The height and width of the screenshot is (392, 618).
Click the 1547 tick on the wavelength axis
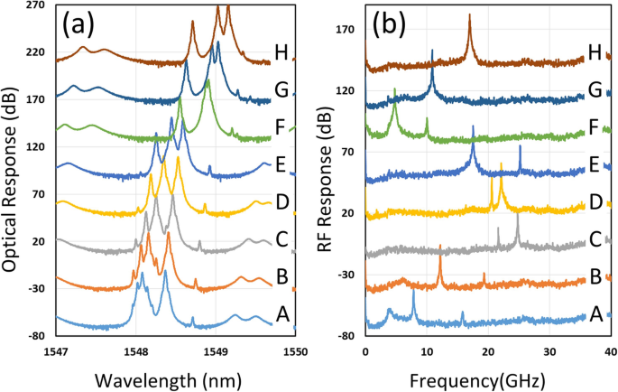coord(56,352)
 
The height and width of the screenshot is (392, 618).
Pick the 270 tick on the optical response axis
coord(36,5)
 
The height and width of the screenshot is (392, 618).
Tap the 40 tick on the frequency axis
coord(610,352)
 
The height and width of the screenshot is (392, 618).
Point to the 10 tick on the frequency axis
coord(426,352)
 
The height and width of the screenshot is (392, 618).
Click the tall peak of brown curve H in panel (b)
coord(469,15)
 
